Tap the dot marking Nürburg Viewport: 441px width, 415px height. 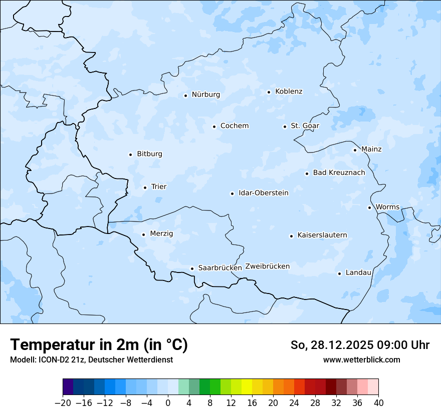pos(185,95)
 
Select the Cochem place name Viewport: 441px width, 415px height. pos(235,126)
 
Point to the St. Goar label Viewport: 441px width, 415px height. pos(305,126)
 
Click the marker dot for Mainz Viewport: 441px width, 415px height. pos(355,150)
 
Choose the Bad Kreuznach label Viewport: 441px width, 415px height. pos(339,173)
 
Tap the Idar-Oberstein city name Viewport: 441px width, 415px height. pos(264,193)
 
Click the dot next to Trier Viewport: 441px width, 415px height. pos(145,187)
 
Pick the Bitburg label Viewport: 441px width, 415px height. pos(149,154)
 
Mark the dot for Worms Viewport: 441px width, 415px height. pos(369,207)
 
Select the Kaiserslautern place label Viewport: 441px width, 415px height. pos(322,235)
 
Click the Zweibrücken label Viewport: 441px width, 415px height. pos(267,266)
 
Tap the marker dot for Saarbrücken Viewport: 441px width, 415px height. pos(192,268)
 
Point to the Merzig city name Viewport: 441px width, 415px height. pos(161,233)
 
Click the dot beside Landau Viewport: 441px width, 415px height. pos(339,273)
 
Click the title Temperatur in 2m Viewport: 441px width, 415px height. pos(99,345)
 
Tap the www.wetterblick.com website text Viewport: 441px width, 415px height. pos(361,359)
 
